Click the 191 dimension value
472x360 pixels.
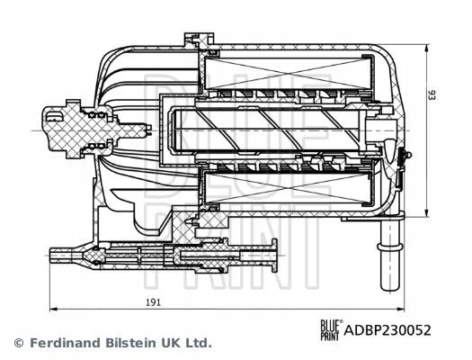154,302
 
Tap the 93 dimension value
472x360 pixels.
432,95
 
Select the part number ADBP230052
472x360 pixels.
387,330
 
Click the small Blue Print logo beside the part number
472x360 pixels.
331,330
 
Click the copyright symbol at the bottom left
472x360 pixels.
19,343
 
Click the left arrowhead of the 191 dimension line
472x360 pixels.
53,309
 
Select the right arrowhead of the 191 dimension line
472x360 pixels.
401,309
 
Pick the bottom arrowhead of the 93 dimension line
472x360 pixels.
426,213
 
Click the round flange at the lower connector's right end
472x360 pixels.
274,256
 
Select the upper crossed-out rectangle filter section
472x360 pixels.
288,73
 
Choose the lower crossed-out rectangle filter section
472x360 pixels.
288,188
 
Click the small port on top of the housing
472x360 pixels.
199,40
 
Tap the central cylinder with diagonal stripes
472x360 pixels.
268,130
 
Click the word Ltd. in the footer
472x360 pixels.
199,343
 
